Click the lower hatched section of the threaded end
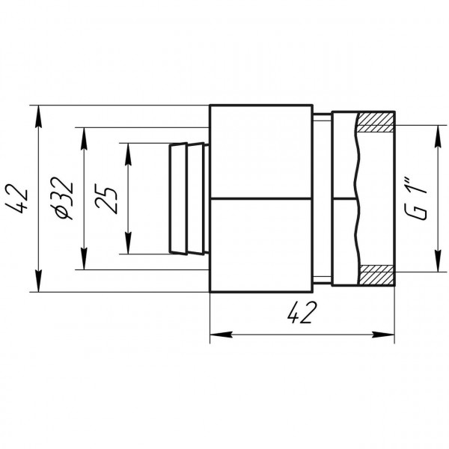(x=376, y=274)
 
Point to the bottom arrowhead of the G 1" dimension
(x=437, y=263)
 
